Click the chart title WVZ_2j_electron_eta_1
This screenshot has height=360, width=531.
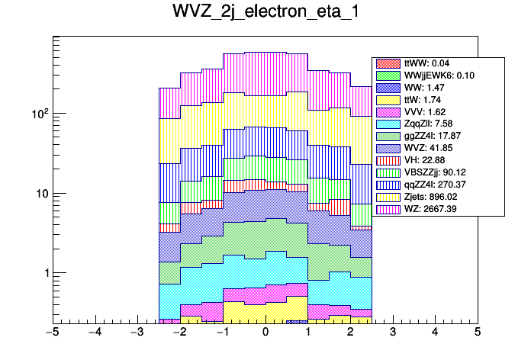[265, 14]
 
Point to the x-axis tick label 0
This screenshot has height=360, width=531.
[265, 332]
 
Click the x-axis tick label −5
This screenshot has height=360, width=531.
[51, 332]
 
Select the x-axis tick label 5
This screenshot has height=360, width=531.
[478, 332]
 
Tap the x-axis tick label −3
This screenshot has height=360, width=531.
[137, 332]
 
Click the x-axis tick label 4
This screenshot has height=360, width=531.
[435, 332]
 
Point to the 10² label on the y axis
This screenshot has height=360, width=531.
[39, 113]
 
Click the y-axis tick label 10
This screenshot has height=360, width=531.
[42, 194]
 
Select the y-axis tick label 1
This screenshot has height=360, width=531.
[45, 273]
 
